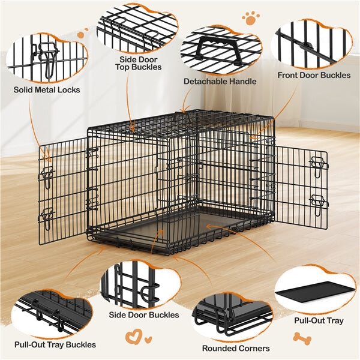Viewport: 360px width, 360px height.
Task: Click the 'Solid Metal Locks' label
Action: point(47,90)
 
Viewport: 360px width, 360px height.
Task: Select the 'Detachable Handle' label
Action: point(220,81)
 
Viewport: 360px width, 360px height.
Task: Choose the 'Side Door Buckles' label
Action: point(144,314)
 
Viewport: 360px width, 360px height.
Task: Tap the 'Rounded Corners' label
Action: point(236,348)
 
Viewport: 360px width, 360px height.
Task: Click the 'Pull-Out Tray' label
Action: point(319,320)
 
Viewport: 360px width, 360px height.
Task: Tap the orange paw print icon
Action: point(251,19)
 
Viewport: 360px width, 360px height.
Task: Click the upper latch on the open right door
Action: point(318,164)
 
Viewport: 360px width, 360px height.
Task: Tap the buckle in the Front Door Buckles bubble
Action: point(308,47)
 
